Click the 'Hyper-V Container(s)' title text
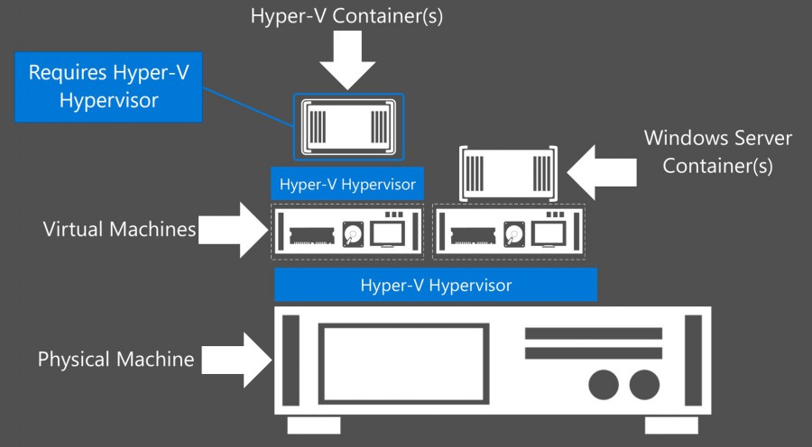(347, 15)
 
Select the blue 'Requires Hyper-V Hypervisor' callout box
(109, 87)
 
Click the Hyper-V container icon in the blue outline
(347, 126)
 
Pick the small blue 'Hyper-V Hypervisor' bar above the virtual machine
(347, 185)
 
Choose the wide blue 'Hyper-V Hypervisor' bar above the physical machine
(436, 285)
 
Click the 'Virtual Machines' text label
(120, 230)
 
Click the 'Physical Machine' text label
(115, 360)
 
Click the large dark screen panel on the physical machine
(402, 360)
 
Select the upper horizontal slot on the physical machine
(593, 333)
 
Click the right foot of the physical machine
(671, 425)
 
